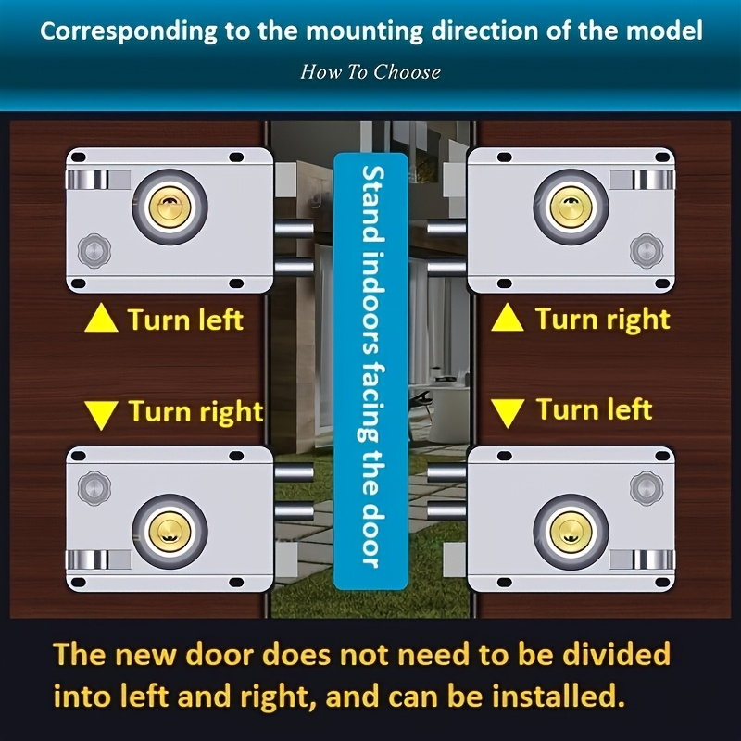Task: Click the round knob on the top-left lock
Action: (92, 249)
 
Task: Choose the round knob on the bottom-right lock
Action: (645, 485)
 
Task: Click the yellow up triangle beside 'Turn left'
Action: (102, 320)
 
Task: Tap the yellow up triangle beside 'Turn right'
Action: (508, 320)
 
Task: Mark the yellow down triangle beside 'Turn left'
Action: (508, 411)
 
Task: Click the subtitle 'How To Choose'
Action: (370, 71)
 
